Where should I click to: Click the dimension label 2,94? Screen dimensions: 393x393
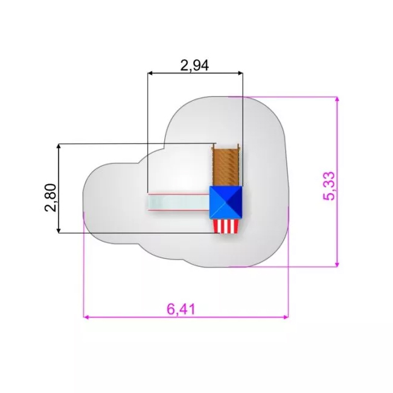coord(194,66)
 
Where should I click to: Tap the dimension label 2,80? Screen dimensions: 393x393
coord(50,198)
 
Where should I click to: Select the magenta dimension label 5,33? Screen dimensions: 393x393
coord(328,186)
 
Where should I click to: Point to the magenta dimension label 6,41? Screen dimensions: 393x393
coord(181,309)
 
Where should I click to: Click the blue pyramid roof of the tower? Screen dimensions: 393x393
coord(226,202)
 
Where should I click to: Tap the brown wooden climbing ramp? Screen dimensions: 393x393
coord(226,167)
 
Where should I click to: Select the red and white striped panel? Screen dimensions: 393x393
coord(226,226)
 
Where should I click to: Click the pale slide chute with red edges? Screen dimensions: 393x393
coord(178,202)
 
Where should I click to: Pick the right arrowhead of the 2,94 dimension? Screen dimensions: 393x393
coord(240,73)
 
